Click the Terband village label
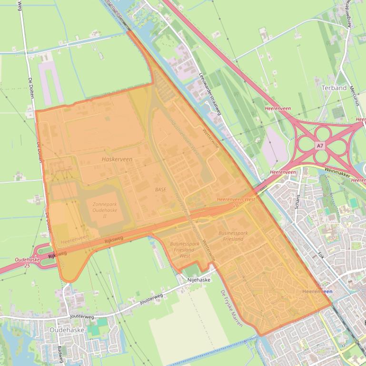pos(334,88)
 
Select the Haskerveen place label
pos(117,159)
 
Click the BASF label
pos(160,189)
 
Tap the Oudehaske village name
pos(67,329)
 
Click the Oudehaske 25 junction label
pos(27,263)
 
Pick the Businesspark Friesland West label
pos(183,250)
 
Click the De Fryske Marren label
pos(232,308)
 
